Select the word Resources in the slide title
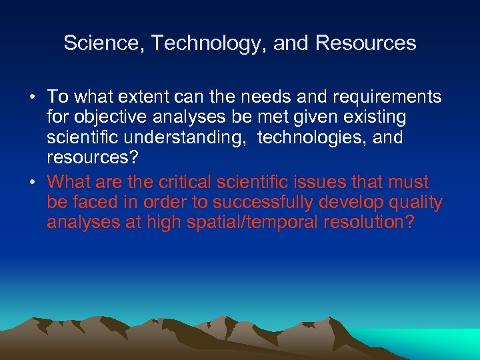click(366, 43)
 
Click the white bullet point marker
click(32, 97)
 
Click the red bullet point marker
click(32, 182)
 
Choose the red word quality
click(414, 202)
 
